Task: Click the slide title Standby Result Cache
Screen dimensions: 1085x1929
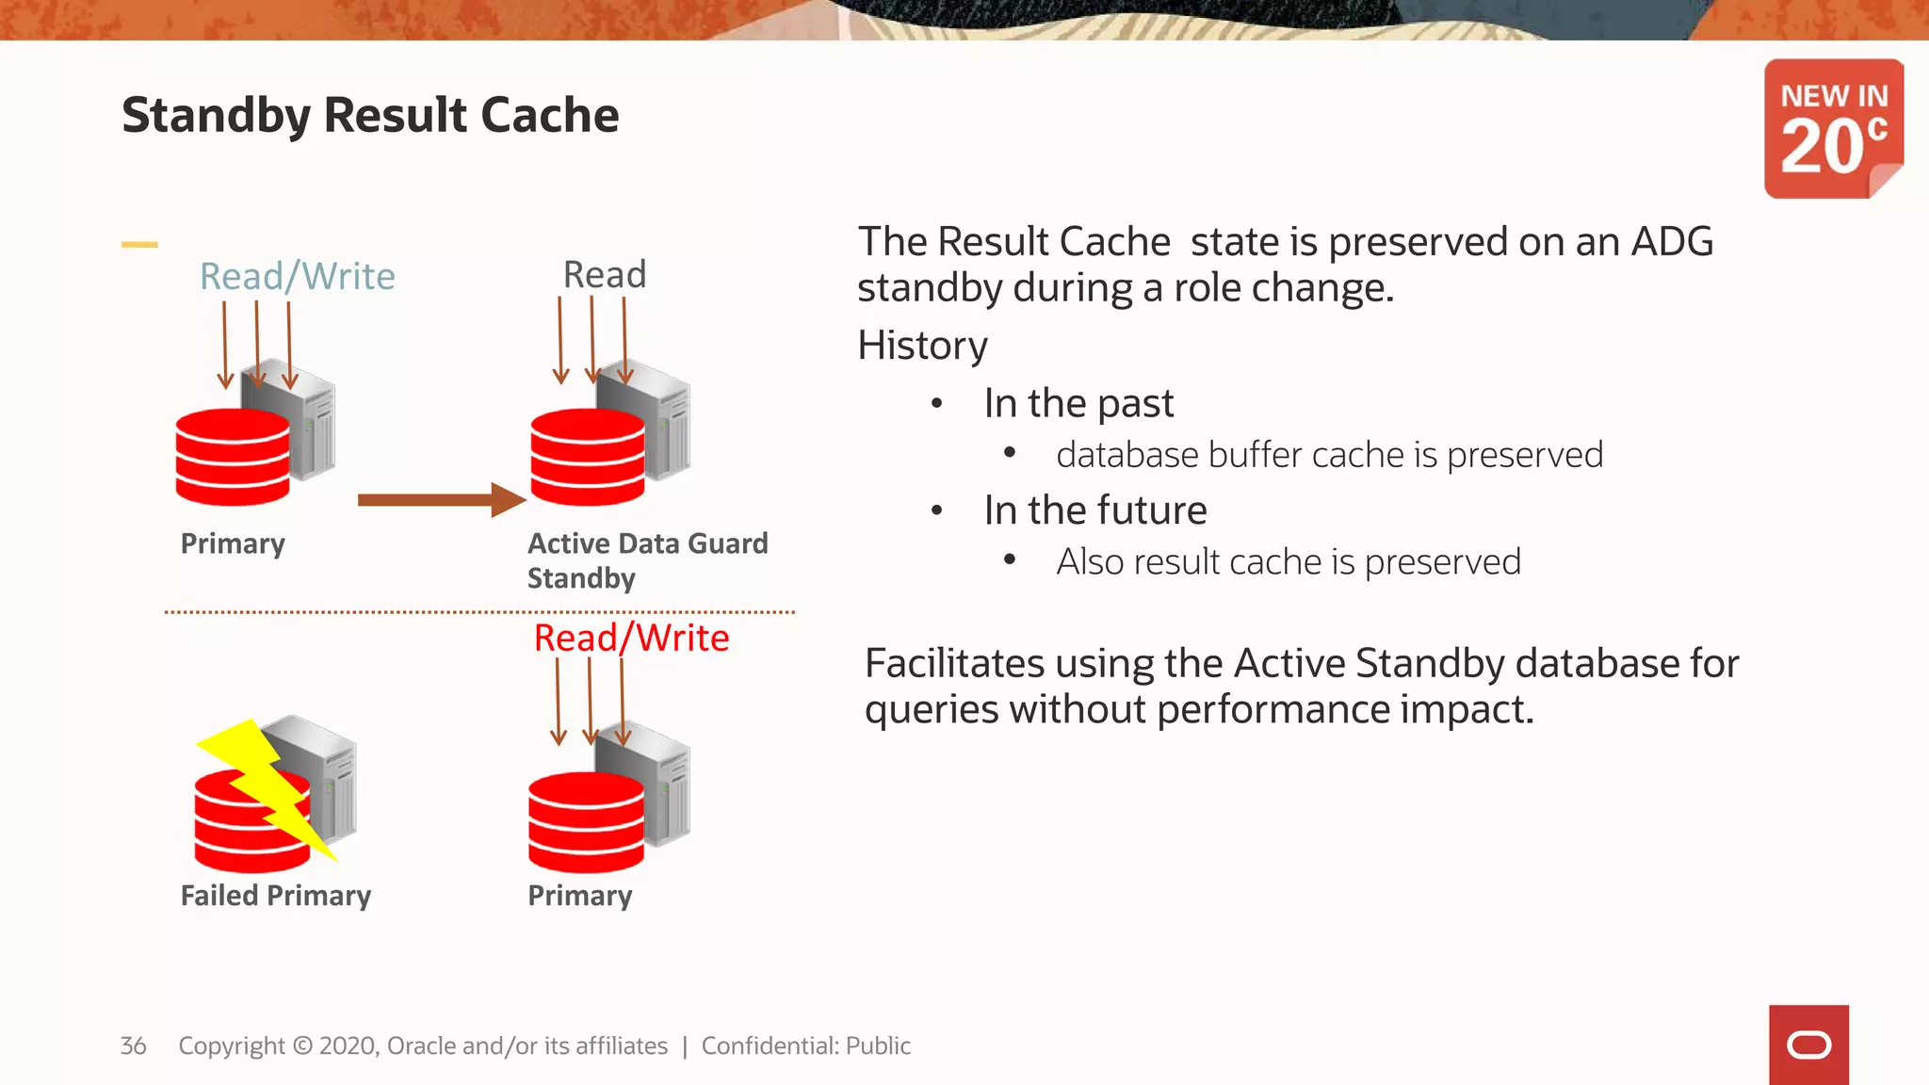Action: [370, 115]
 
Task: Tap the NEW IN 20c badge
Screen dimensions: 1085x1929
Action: [1833, 129]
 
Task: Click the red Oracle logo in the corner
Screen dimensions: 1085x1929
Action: [1808, 1045]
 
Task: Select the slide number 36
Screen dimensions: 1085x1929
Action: [133, 1045]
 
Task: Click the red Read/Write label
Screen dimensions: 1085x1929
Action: [631, 638]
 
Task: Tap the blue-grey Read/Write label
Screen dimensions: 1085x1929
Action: [297, 276]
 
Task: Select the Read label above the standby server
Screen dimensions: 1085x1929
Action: [605, 274]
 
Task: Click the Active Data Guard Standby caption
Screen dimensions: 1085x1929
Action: [647, 559]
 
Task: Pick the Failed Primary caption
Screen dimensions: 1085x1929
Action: [275, 895]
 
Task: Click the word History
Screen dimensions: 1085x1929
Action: [922, 345]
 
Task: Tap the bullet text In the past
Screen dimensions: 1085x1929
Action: [1078, 403]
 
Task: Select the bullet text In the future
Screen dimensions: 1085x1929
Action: [1095, 510]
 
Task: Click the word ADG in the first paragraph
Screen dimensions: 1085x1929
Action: [1672, 242]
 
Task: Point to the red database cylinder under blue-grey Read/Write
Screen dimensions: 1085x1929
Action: [233, 457]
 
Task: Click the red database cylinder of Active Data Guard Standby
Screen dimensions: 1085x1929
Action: [588, 457]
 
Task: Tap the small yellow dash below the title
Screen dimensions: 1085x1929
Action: [139, 244]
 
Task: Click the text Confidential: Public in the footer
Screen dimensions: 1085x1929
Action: [805, 1045]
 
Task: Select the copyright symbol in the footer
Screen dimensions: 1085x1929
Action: [302, 1045]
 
